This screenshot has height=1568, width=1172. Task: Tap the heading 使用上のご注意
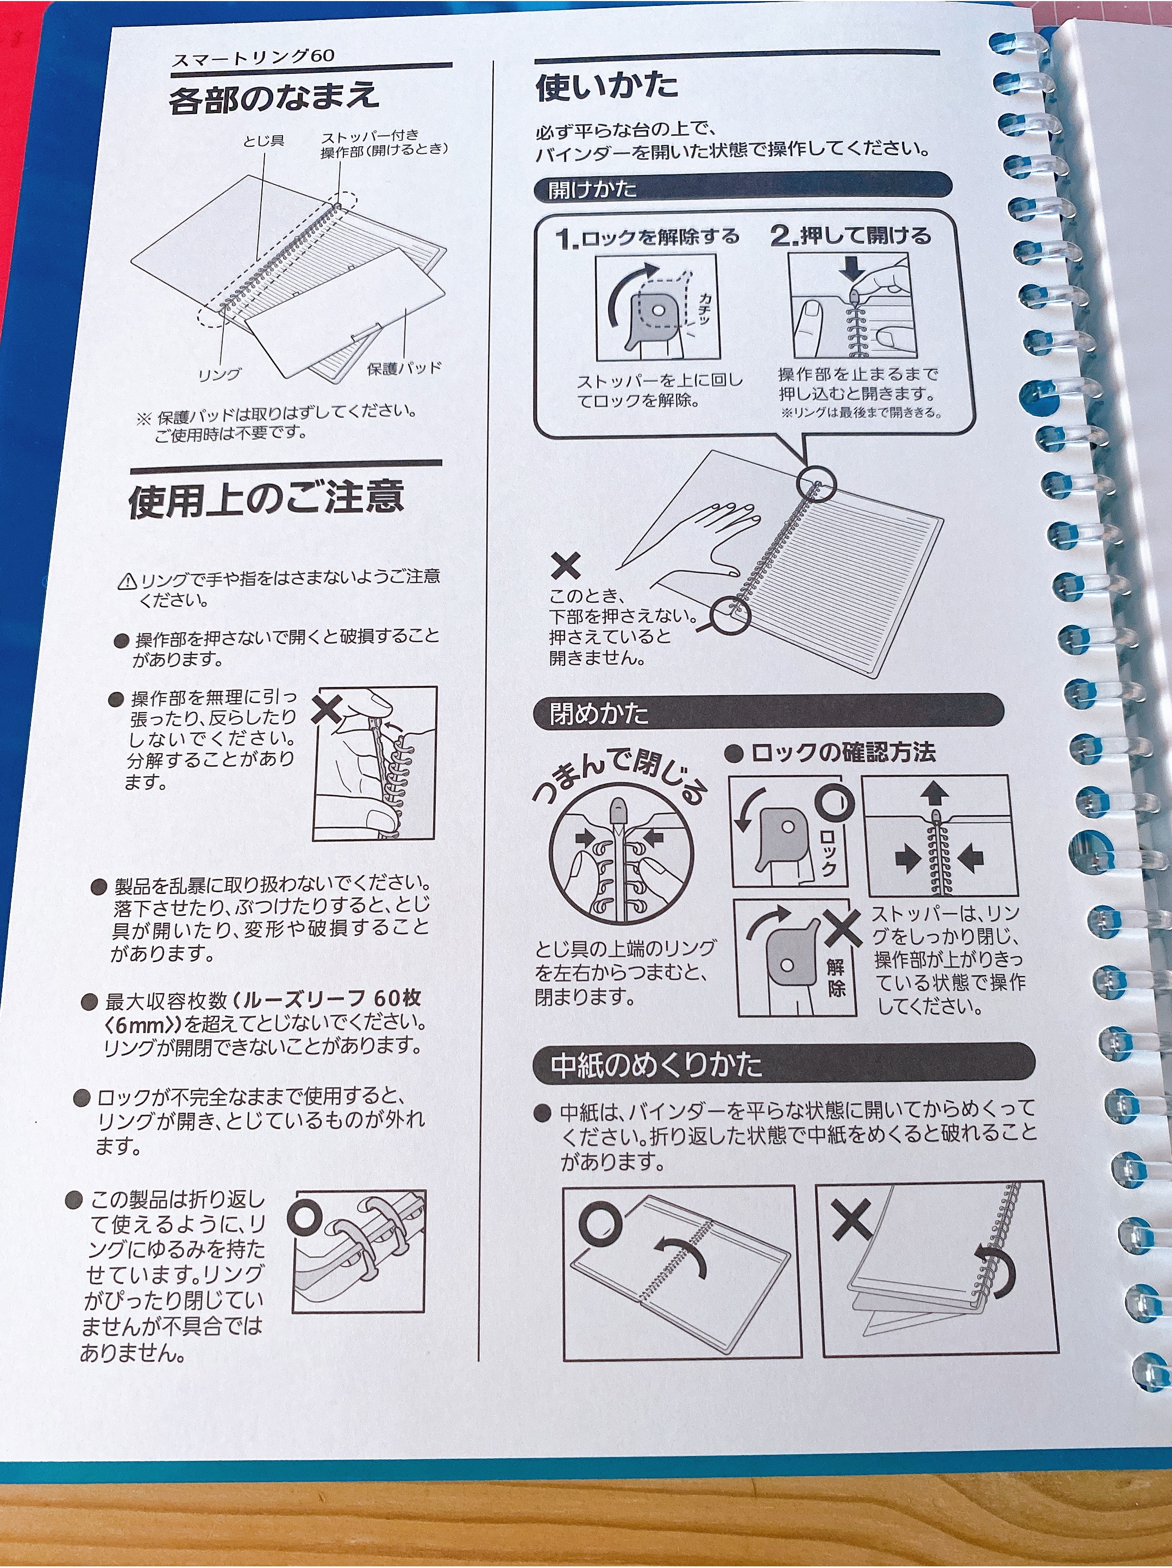pos(266,498)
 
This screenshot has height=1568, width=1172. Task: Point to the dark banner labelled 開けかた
pos(743,187)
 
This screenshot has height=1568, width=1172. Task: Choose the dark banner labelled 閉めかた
pos(768,713)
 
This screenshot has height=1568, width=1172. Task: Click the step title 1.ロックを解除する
pos(648,238)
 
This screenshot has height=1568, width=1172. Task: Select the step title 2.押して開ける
pos(851,235)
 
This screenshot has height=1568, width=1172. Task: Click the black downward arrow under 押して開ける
pos(853,268)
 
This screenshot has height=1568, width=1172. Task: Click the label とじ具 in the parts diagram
pos(264,141)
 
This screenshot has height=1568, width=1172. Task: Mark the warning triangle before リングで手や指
pos(128,581)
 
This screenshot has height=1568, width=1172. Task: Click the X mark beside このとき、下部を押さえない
pos(566,566)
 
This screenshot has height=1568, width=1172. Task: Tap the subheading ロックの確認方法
pos(830,752)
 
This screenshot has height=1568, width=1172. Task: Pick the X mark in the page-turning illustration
pos(852,1221)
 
